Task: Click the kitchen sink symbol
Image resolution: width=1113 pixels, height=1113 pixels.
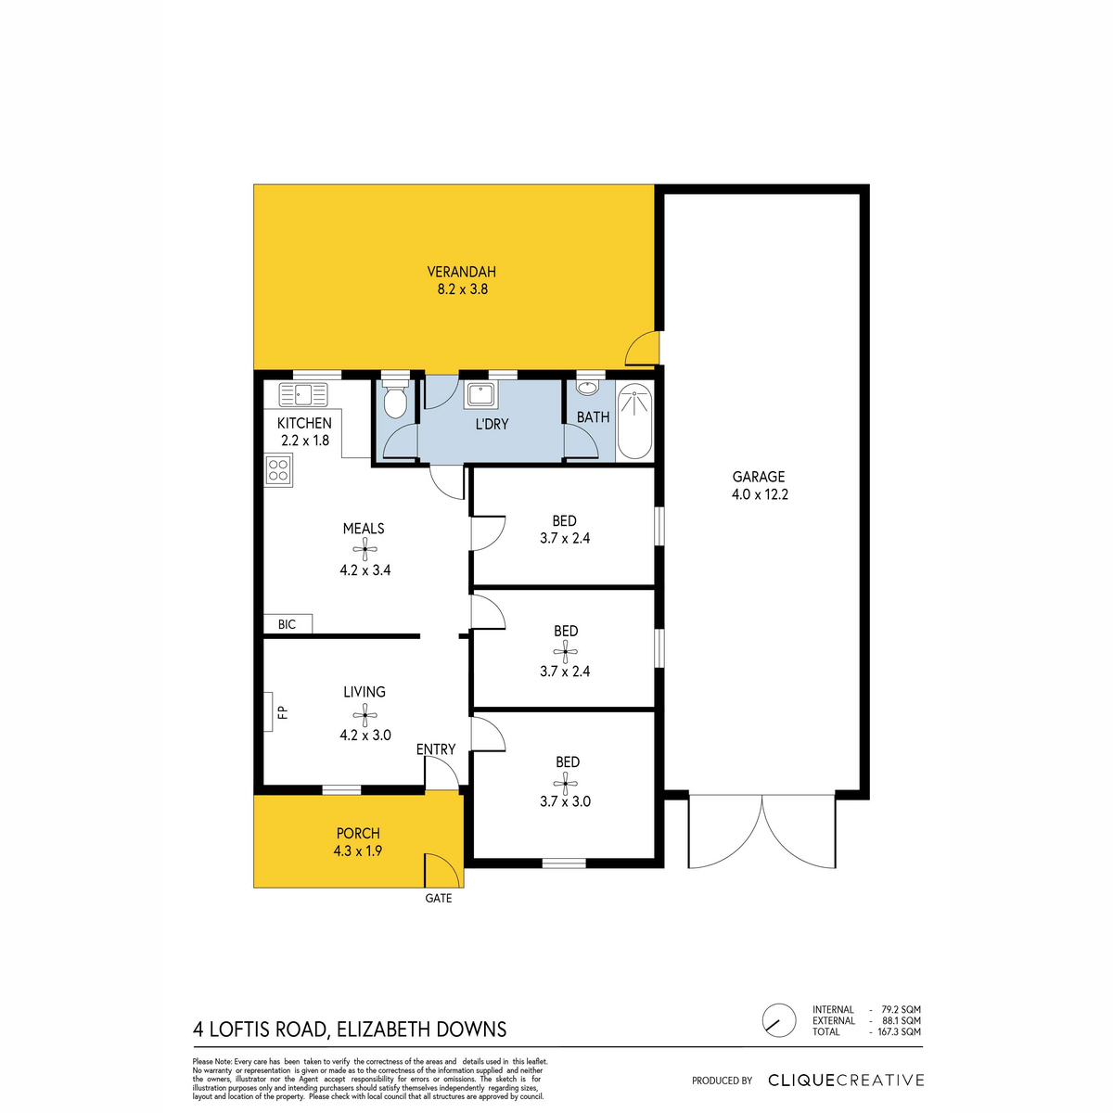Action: coord(303,394)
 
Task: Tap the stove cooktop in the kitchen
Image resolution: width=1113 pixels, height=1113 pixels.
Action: coord(278,469)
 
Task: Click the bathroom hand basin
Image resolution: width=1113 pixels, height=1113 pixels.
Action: coord(588,388)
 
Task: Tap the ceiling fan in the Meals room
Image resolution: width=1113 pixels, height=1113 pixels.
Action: coord(365,549)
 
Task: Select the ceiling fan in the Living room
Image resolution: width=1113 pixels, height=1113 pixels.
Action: coord(365,715)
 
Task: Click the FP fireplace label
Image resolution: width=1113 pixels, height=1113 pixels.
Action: coord(282,712)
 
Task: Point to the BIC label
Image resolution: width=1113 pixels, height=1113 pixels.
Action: coord(287,624)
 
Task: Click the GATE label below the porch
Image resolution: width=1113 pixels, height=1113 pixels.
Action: coord(439,898)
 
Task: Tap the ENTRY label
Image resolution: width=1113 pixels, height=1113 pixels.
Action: coord(436,749)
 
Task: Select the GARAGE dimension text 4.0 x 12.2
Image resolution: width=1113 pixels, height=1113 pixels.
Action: coord(761,494)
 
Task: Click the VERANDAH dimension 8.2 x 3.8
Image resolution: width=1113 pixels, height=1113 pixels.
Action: coord(463,289)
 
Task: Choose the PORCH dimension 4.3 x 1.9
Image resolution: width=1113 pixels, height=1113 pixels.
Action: coord(357,851)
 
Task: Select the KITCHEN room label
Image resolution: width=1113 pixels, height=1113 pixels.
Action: coord(304,423)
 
